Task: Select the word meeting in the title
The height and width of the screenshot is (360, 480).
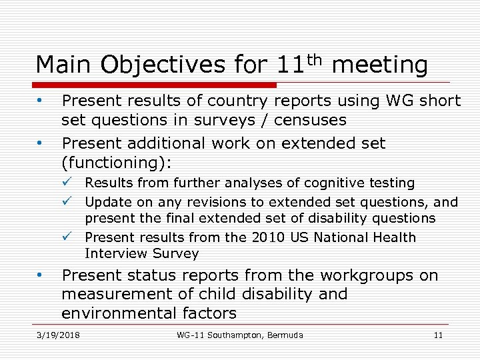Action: (379, 65)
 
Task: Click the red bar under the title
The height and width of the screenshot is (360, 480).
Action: (157, 85)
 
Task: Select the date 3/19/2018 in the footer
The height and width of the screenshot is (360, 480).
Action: (58, 335)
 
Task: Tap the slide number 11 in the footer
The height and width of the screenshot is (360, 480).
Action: (438, 335)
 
